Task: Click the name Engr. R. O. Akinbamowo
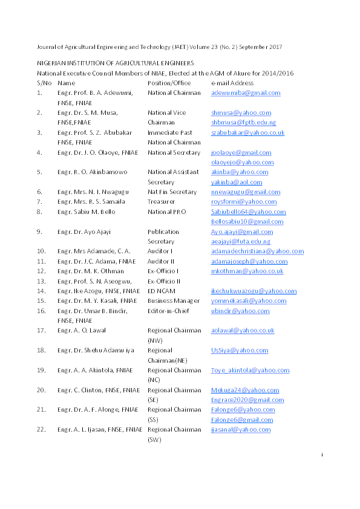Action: click(93, 172)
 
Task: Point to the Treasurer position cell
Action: click(162, 202)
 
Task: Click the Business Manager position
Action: click(174, 300)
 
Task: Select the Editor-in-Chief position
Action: click(168, 311)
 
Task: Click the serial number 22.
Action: click(41, 430)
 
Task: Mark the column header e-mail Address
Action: click(232, 83)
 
